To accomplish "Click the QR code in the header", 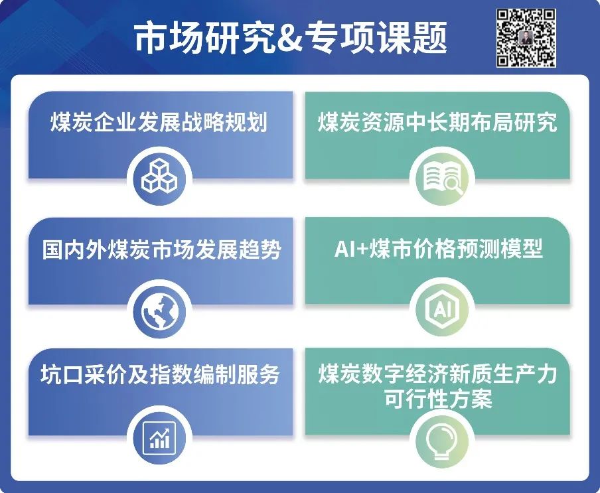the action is click(526, 37).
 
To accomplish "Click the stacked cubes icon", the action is click(159, 176).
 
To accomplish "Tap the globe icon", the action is click(159, 311).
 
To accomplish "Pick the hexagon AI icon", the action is click(442, 309).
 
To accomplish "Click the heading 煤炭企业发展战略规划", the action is click(159, 122).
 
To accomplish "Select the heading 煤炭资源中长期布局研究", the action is click(437, 122).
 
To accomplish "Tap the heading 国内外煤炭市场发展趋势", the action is click(161, 249).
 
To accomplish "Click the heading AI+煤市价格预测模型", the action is click(439, 249).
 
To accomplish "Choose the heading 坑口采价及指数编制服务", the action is click(161, 374).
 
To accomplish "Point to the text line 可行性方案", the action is click(438, 399).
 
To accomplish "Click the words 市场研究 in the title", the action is click(204, 36).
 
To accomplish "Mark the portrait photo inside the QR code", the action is click(526, 37).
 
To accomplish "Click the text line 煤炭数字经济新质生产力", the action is click(437, 374).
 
